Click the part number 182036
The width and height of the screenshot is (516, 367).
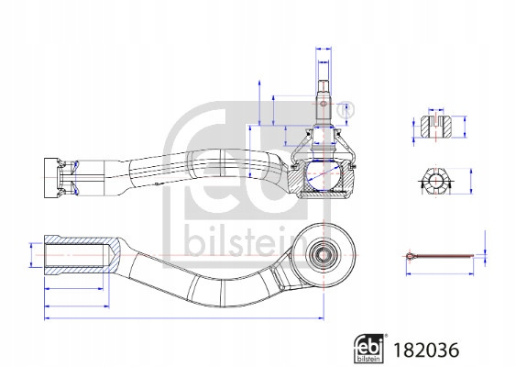coord(426,350)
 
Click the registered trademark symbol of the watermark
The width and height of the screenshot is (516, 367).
coord(345,110)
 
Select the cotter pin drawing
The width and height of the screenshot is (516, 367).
coord(440,256)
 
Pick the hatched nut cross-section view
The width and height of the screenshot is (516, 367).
coord(436,127)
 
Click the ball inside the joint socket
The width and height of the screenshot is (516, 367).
coord(324,175)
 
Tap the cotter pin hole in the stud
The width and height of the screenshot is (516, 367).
coord(324,104)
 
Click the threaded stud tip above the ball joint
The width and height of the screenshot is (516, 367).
coord(324,86)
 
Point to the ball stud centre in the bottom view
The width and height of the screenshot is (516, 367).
coord(324,255)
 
